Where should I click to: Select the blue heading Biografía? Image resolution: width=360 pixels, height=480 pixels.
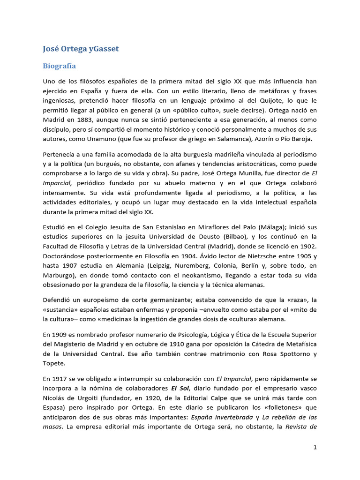59,66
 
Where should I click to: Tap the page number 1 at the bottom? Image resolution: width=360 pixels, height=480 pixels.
315,447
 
